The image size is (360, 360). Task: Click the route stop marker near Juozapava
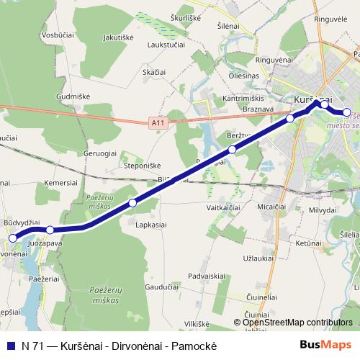coord(50,230)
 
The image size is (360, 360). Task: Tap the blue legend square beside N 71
coord(11,344)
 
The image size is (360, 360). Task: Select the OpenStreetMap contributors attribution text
coord(297,323)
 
